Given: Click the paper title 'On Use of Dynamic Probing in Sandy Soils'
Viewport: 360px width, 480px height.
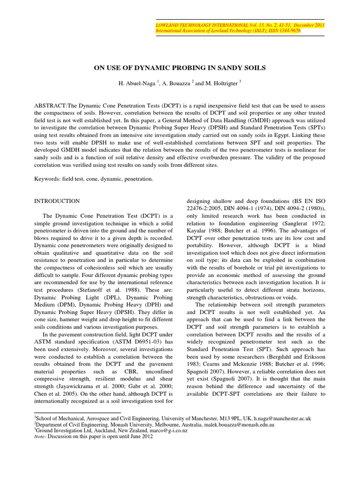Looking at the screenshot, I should click(180, 68).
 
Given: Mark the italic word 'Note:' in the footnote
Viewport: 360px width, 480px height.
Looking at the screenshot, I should click(41, 436).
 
